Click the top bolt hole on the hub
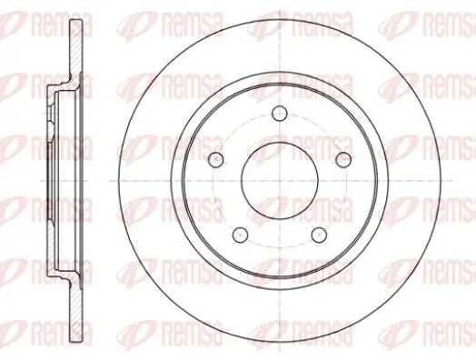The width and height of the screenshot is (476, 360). coord(280,114)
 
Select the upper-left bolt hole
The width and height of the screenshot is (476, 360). coord(216,159)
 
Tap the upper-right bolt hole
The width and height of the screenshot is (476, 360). coord(343,159)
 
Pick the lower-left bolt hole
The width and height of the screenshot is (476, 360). coord(241,235)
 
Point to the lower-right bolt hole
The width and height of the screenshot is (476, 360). coord(320,235)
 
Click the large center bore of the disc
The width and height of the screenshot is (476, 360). coord(280,181)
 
